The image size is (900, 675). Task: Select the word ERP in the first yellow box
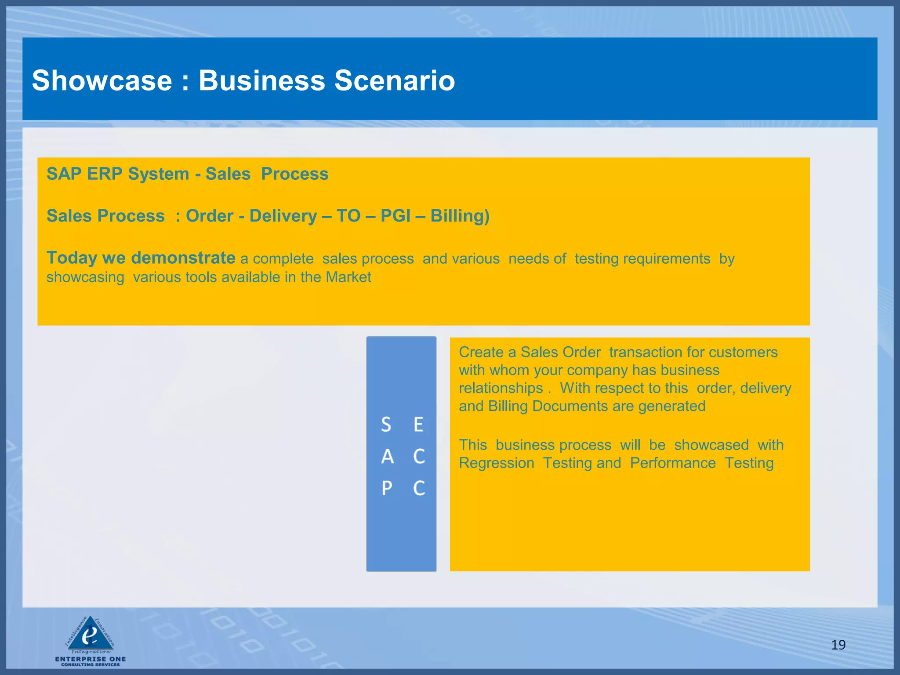(105, 174)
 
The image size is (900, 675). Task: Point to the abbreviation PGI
(396, 216)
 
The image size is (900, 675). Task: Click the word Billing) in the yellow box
(460, 216)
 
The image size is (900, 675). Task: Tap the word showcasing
(85, 278)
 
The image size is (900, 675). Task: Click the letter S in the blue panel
(386, 425)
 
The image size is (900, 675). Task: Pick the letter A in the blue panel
(387, 457)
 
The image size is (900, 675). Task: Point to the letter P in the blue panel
(387, 488)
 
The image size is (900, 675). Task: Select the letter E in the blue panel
(418, 425)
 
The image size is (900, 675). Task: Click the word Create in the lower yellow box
(481, 352)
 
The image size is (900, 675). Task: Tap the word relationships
(501, 388)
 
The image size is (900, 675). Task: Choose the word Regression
(497, 463)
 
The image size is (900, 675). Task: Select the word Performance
(673, 463)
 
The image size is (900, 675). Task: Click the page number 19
(838, 645)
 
